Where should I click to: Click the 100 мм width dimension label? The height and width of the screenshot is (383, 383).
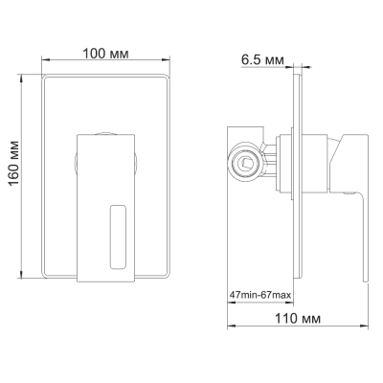(106, 54)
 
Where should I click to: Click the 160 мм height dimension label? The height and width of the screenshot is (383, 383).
(14, 164)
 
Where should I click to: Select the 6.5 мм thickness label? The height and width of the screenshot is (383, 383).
(262, 59)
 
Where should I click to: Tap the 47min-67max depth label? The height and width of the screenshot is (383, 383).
(260, 295)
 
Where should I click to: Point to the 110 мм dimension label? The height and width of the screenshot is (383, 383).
(298, 318)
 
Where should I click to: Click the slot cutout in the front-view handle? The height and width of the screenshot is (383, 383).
(118, 237)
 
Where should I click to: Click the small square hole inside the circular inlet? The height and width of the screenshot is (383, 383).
(246, 163)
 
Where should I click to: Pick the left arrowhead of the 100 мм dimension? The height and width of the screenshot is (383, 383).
(46, 59)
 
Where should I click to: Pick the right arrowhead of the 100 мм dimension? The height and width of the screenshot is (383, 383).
(166, 59)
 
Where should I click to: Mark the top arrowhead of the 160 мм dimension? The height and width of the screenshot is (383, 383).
(22, 79)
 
